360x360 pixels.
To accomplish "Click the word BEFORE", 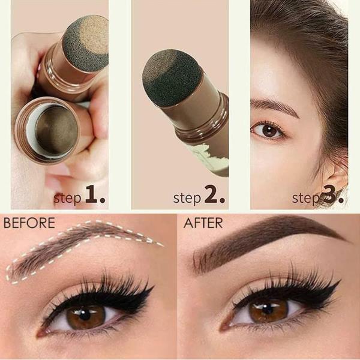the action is (x=29, y=223).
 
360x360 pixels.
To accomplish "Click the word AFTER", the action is (x=203, y=223).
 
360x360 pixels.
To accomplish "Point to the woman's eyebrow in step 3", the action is (x=274, y=106).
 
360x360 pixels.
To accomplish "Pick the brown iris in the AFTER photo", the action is (x=268, y=311).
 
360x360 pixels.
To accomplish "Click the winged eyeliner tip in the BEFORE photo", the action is (x=154, y=286).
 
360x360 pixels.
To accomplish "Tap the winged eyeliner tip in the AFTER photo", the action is (x=340, y=280).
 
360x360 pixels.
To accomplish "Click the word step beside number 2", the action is (x=187, y=198).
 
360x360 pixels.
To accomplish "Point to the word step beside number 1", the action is (x=67, y=198).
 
